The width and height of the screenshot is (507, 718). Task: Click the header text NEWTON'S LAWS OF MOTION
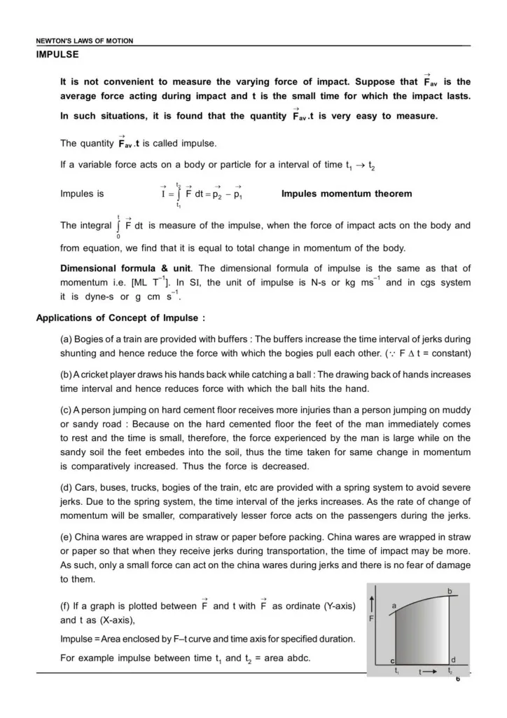[x=85, y=41]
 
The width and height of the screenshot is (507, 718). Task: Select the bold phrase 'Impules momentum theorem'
[x=347, y=194]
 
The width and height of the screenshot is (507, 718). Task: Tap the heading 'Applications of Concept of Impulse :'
[x=120, y=318]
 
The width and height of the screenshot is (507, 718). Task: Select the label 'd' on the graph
[x=454, y=660]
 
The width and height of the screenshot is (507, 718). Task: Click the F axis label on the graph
[x=371, y=620]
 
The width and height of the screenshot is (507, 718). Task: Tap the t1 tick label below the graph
[x=397, y=672]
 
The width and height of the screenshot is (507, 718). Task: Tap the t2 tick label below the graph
[x=450, y=672]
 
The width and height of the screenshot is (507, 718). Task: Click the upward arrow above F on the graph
[x=371, y=602]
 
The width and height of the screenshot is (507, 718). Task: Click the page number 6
[x=458, y=679]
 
